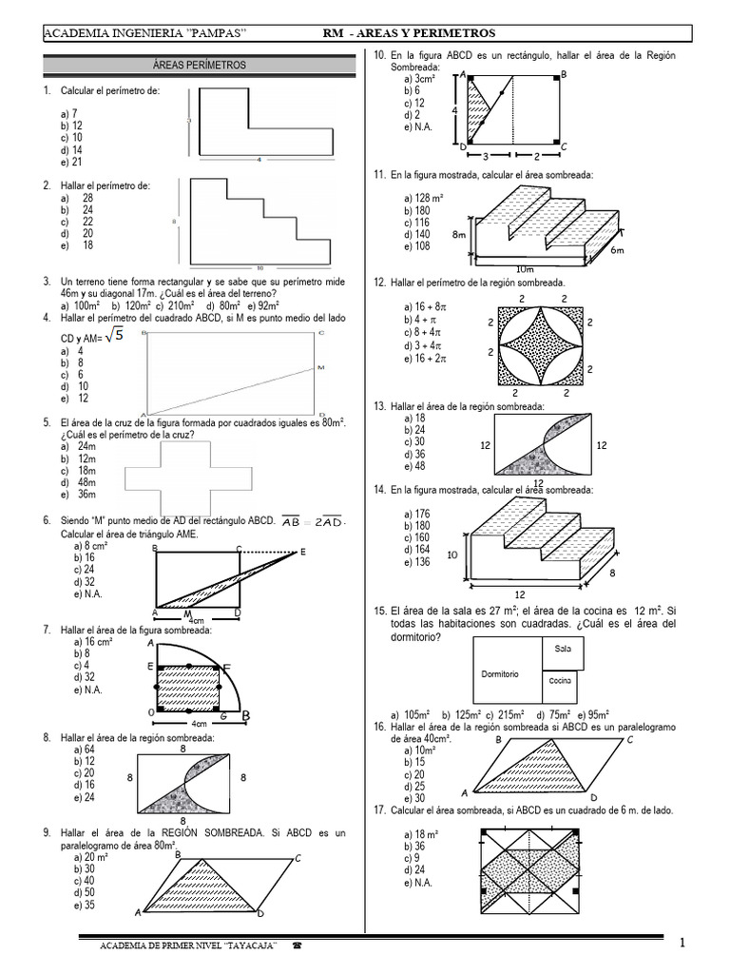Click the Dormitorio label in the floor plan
click(499, 673)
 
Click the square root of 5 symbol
click(114, 334)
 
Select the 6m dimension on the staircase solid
click(617, 250)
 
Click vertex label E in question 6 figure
click(303, 552)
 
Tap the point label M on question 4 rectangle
click(319, 366)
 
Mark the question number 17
click(379, 810)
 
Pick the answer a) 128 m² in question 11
click(423, 198)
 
